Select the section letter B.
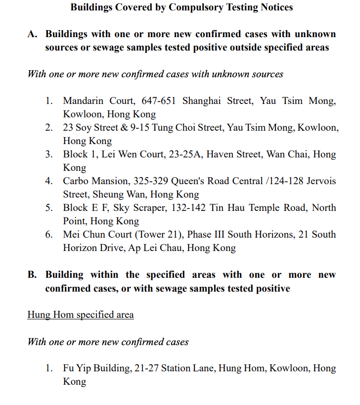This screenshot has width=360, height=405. point(32,275)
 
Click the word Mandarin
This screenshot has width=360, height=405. point(83,101)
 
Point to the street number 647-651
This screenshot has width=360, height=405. point(160,101)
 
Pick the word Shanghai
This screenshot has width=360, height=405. point(202,101)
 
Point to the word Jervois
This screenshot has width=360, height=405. point(319,181)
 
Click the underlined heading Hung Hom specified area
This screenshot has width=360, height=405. point(80,315)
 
